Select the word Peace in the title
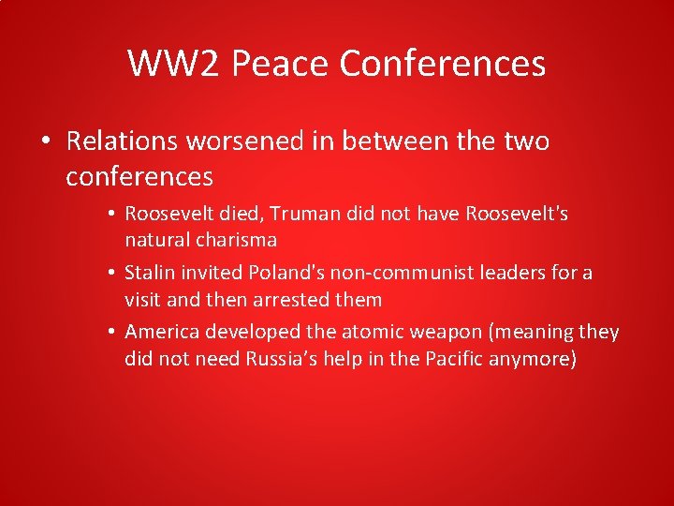[x=280, y=64]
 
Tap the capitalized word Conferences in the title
[x=443, y=64]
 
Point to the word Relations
[x=122, y=141]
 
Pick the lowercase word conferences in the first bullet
[x=139, y=175]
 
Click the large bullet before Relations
[x=45, y=142]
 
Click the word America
[x=163, y=333]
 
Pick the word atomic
[x=352, y=333]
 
